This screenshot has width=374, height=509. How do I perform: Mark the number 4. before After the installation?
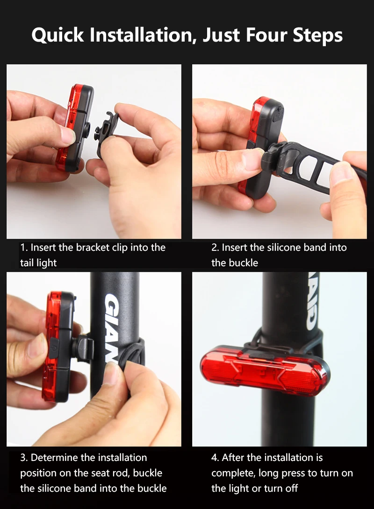coord(215,458)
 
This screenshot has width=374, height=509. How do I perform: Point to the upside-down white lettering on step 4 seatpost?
coord(312,304)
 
